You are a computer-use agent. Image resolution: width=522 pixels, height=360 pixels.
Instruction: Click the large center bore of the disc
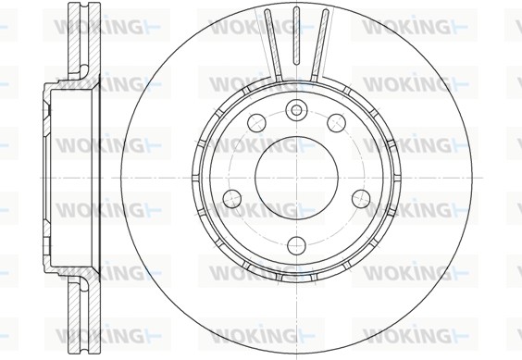(x=296, y=178)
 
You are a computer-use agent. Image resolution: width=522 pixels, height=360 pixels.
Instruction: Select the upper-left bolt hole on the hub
(x=256, y=122)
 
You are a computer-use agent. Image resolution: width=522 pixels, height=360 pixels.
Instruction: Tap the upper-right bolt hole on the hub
(x=336, y=122)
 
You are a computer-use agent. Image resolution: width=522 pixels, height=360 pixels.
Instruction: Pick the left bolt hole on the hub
(x=232, y=198)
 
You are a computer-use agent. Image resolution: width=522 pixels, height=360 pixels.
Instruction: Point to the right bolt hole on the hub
(x=361, y=198)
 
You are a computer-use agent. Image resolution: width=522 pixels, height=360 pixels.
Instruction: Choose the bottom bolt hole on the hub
(x=296, y=246)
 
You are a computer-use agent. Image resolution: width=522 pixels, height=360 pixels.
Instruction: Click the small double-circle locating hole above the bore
(x=296, y=109)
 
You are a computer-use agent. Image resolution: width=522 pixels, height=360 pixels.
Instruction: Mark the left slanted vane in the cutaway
(x=273, y=45)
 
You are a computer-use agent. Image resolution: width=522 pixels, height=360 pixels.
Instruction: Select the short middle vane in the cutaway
(x=296, y=35)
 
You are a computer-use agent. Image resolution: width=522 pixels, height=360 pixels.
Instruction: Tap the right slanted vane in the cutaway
(x=319, y=45)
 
